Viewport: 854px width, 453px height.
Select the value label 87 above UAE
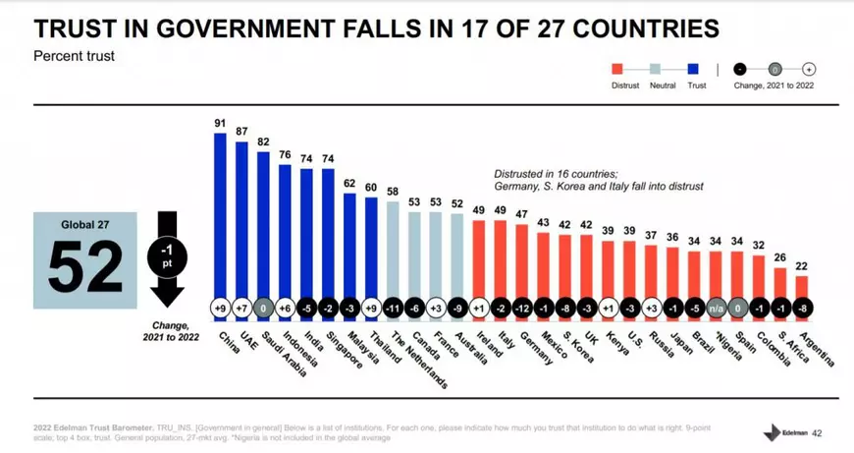(241, 132)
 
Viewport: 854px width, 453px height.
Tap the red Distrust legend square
(618, 69)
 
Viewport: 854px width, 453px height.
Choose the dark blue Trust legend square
(694, 69)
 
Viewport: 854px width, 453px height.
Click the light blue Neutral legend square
(656, 69)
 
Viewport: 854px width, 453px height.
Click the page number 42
(817, 432)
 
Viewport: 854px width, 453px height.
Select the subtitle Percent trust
(75, 56)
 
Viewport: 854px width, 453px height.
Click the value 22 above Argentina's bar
(803, 265)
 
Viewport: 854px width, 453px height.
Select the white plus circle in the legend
(809, 69)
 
